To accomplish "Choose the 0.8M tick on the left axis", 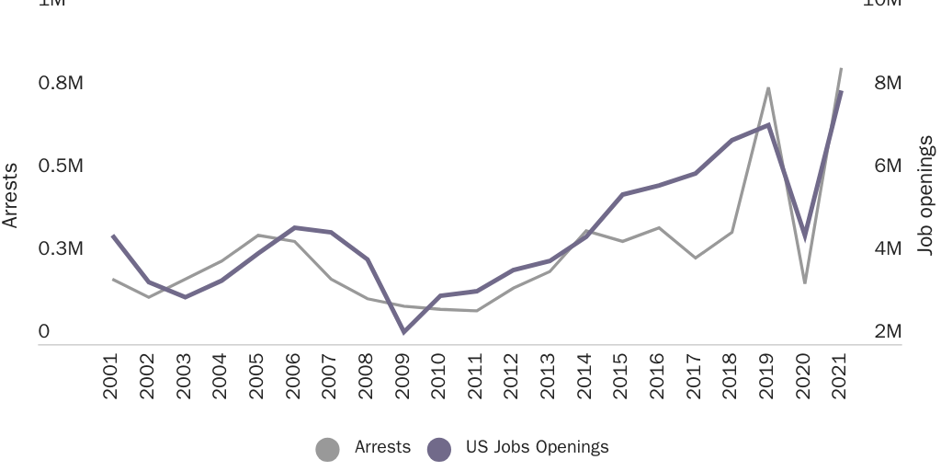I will coord(61,83).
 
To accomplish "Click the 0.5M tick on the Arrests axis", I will coord(61,166).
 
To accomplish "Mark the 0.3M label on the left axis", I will coord(61,248).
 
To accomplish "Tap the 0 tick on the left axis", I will coord(43,332).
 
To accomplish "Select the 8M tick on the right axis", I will coord(888,83).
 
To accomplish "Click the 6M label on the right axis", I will coord(888,166).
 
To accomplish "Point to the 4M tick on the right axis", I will coord(888,248).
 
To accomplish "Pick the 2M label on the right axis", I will coord(888,332).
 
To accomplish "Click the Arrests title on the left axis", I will coord(11,195).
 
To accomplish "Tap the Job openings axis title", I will coord(926,195).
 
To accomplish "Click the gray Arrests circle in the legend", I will coord(327,449).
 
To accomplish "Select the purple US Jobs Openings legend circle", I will coord(439,449).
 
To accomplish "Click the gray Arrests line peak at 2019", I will coord(767,88).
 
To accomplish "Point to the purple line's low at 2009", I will coord(402,332).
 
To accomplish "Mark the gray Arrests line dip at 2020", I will coord(804,281).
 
